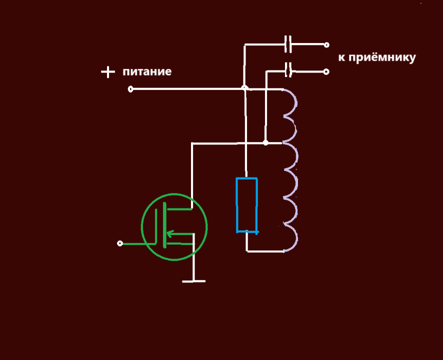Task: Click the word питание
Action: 147,71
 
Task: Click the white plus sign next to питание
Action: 107,72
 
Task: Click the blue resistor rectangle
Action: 246,205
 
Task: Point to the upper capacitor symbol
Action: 287,44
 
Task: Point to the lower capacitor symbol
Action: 288,70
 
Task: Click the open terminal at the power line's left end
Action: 130,89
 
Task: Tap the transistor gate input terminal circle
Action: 119,243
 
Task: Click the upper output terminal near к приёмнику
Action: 326,44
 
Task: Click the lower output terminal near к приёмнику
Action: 326,71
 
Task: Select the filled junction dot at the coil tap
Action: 265,143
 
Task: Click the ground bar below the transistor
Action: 193,281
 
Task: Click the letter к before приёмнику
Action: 341,57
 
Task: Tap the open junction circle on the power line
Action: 244,88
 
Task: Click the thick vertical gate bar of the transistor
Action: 164,225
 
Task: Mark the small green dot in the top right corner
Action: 421,3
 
